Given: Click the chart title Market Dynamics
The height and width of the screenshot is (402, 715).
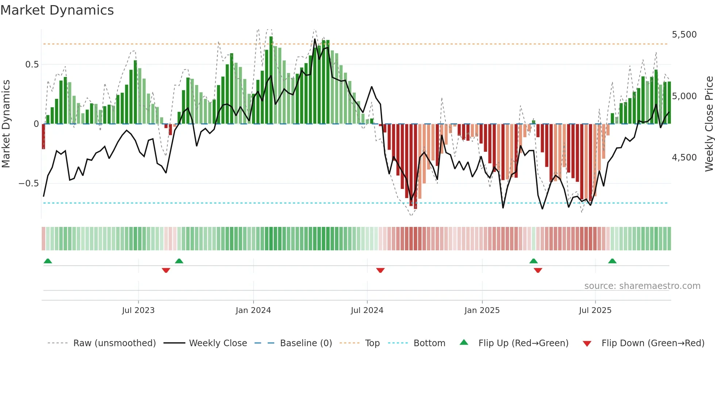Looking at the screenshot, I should (57, 10).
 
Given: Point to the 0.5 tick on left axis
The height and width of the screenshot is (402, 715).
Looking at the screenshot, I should (32, 65).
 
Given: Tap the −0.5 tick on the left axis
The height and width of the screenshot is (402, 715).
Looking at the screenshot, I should (28, 183).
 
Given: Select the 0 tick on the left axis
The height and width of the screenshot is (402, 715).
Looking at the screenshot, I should (36, 124).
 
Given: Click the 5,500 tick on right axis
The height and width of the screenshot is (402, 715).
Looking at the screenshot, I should (684, 35).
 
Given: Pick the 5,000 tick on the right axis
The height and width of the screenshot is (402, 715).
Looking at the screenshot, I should (684, 96).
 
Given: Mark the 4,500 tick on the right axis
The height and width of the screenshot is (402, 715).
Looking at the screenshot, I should (684, 158).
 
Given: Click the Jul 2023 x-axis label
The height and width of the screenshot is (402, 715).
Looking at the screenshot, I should (138, 310).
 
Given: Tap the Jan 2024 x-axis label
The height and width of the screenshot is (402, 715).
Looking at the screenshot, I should (253, 310).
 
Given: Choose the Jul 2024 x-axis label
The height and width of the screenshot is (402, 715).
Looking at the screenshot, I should (367, 310).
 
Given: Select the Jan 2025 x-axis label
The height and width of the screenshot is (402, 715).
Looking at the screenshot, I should (482, 310).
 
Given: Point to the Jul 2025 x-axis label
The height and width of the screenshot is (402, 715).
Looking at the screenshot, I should (595, 310).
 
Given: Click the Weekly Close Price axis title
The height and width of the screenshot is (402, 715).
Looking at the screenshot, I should (709, 124).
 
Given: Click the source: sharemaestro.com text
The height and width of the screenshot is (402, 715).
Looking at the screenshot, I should (642, 286).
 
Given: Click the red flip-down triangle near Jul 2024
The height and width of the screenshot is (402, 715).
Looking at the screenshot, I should (380, 270).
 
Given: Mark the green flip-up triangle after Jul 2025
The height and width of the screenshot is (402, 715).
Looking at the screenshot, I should (612, 261).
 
